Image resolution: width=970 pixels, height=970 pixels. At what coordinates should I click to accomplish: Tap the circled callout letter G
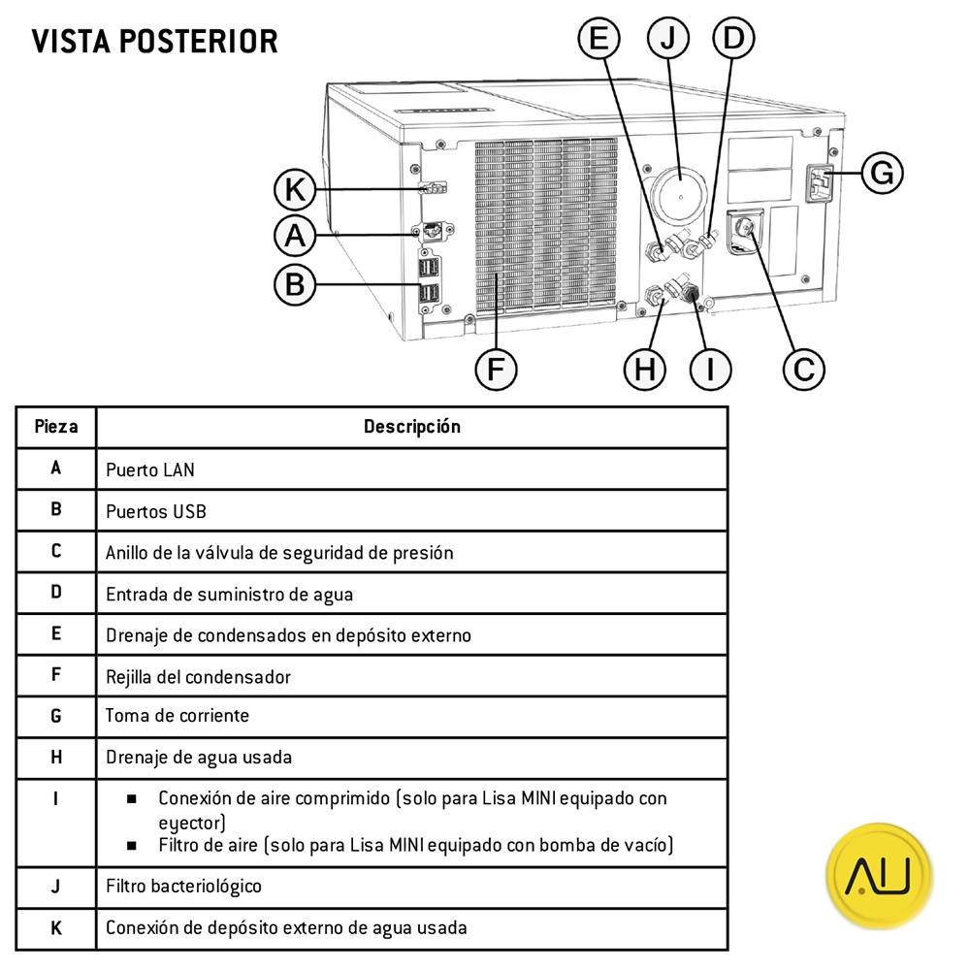[882, 173]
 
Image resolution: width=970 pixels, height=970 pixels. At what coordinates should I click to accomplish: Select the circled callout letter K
[295, 190]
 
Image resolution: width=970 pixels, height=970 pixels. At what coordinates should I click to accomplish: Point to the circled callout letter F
[496, 369]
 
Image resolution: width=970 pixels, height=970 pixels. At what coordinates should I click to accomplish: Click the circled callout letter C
[804, 369]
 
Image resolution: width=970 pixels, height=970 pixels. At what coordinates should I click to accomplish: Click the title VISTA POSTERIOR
[154, 42]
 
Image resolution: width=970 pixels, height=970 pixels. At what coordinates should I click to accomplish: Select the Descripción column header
[412, 427]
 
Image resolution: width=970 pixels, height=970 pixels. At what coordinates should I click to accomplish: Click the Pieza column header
[56, 427]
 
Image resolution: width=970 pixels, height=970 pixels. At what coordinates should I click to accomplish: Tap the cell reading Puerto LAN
[150, 469]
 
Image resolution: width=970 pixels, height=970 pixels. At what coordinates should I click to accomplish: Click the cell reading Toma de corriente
[178, 716]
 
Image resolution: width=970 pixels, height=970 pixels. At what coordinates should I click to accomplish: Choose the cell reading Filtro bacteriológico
[184, 886]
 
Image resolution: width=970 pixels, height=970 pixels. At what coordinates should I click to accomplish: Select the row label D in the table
[56, 593]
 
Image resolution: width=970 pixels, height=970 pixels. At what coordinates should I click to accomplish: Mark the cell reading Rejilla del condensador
[198, 676]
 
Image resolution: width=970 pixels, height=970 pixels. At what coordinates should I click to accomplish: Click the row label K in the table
[56, 927]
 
